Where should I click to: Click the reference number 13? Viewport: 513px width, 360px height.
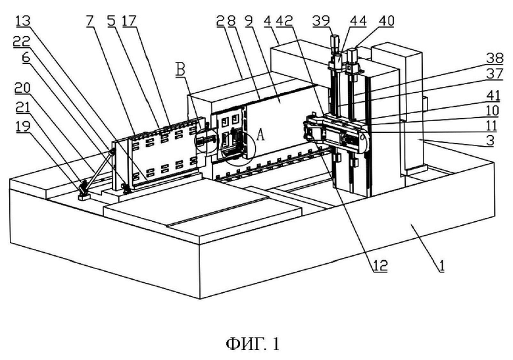tap(23, 21)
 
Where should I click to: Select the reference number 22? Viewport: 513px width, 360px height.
tap(22, 41)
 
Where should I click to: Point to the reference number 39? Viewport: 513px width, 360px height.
tap(321, 21)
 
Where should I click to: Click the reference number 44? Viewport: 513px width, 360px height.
tap(358, 21)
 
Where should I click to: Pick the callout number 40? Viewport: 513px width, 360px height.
tap(386, 21)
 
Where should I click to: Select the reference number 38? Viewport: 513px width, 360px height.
tap(495, 59)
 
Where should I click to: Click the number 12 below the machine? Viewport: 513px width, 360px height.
tap(379, 265)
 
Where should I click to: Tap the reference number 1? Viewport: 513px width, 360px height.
tap(442, 265)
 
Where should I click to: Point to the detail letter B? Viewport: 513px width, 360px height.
tap(180, 70)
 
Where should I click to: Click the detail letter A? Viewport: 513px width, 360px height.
tap(260, 134)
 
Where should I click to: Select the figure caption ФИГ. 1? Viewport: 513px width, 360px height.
tap(253, 344)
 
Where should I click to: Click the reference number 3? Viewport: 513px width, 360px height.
tap(490, 141)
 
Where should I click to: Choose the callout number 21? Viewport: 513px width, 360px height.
tap(22, 107)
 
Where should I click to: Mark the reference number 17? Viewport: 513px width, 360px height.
tap(129, 21)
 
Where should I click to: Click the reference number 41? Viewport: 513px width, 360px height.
tap(493, 95)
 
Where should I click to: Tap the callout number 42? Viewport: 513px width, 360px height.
tap(284, 21)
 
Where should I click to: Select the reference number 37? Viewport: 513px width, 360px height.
tap(495, 74)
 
